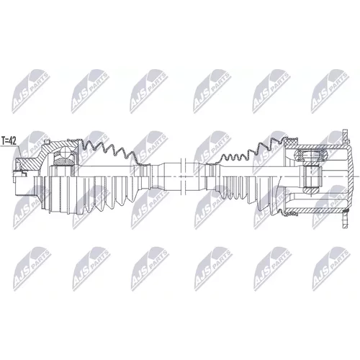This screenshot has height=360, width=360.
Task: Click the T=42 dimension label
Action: tap(9, 141)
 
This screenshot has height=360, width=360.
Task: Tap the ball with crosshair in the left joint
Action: tap(65, 152)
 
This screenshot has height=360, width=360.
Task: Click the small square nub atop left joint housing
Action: tap(47, 141)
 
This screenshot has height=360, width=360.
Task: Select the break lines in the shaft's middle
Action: tap(183, 176)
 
